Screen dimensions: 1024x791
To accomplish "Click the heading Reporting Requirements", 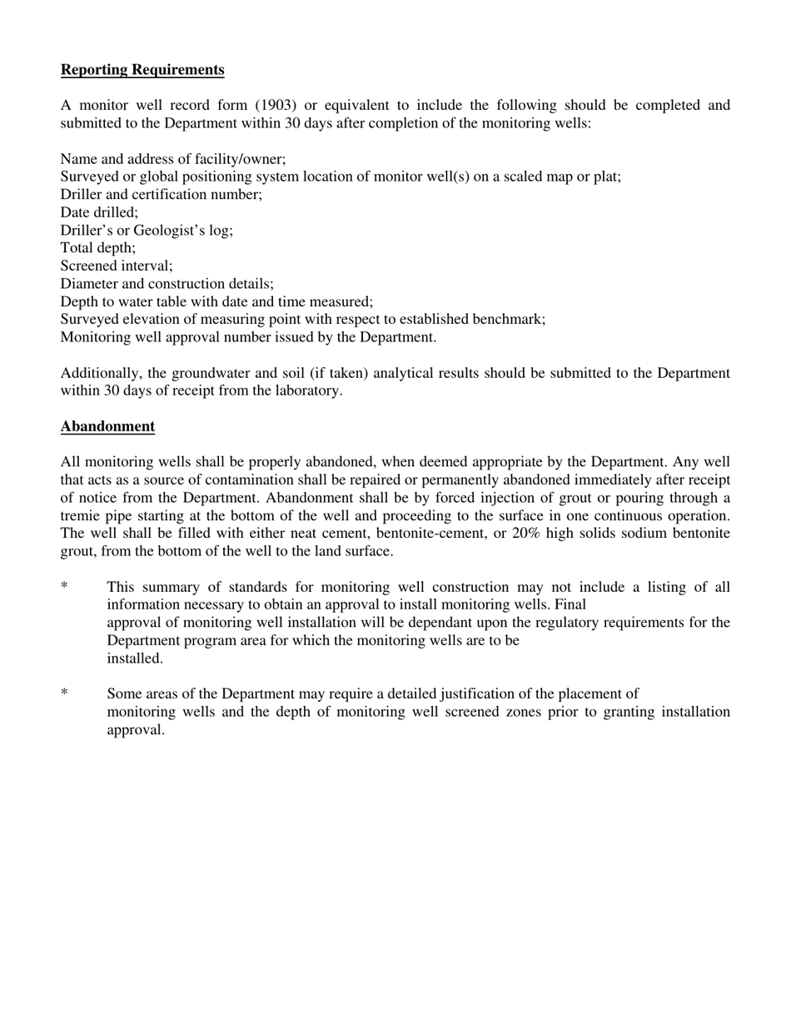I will [x=142, y=70].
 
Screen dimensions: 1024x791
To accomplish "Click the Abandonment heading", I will [x=107, y=426].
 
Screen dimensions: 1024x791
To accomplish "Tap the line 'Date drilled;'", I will [x=99, y=212].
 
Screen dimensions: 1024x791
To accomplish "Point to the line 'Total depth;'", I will [x=97, y=248].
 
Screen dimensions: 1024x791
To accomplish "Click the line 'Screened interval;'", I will [x=117, y=266].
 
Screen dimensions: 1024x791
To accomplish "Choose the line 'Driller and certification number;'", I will [x=161, y=195].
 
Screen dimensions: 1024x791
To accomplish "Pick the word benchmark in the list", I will [x=510, y=320].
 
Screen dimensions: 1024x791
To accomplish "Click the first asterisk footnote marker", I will [x=64, y=588].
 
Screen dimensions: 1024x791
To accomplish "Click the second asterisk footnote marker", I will [x=64, y=694].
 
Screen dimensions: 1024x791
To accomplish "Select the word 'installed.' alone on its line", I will [x=135, y=659].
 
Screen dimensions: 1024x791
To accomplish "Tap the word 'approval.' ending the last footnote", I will [x=136, y=730].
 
